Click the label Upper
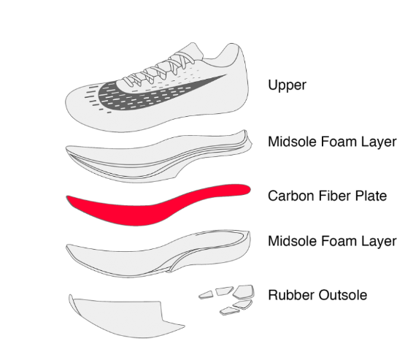[x=287, y=85]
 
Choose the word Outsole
[x=343, y=295]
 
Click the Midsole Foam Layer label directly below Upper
[x=332, y=142]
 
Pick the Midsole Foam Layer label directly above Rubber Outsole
[x=332, y=241]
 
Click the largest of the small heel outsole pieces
[x=244, y=291]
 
